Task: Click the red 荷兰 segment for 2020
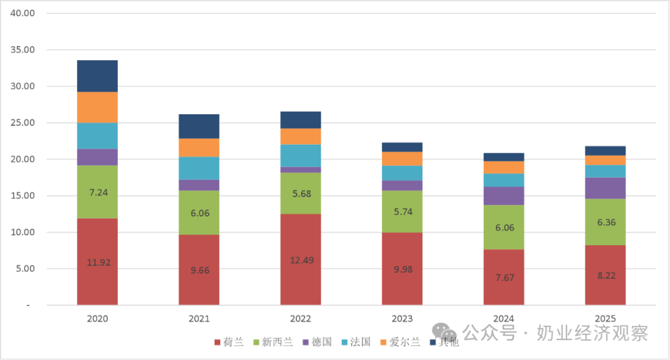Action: pos(97,262)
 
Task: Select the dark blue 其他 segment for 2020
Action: pos(97,76)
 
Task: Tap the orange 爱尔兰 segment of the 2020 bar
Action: pos(97,107)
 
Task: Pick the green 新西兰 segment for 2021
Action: pos(199,212)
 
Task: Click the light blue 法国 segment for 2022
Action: pos(301,156)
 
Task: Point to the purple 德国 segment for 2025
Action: pos(605,188)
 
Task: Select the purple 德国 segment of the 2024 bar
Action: pos(504,196)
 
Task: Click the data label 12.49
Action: pos(301,261)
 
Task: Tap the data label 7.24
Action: pos(98,192)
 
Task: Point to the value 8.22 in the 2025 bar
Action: pos(606,276)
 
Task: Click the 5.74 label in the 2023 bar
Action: pos(403,212)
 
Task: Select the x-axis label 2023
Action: pos(402,318)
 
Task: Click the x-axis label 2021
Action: pos(199,318)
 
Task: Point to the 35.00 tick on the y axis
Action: pos(23,50)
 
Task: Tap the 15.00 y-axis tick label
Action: pos(23,196)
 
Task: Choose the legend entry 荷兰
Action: pos(229,342)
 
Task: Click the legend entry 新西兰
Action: pos(273,342)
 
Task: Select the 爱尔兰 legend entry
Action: pos(400,342)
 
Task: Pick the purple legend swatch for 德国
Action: pos(306,343)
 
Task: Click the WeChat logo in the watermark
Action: pos(444,332)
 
